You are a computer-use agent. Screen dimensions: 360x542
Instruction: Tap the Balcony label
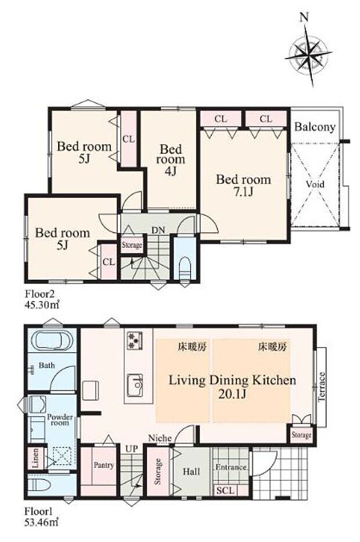315,127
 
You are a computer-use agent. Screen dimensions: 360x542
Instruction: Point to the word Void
315,184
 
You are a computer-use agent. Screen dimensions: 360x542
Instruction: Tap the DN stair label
158,230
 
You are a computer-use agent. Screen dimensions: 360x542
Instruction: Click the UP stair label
131,449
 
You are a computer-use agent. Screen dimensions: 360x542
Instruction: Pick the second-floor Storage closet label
132,245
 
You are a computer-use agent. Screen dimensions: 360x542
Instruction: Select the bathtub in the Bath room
52,341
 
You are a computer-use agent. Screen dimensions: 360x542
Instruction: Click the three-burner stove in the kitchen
134,341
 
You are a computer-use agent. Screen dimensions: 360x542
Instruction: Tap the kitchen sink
135,385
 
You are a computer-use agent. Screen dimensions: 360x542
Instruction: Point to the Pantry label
104,465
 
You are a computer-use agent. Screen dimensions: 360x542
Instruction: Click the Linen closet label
35,458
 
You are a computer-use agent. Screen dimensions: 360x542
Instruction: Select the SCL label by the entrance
225,490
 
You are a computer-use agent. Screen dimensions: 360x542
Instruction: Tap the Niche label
160,438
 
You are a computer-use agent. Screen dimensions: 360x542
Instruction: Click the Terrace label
322,386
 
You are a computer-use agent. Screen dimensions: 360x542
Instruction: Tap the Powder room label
60,420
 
